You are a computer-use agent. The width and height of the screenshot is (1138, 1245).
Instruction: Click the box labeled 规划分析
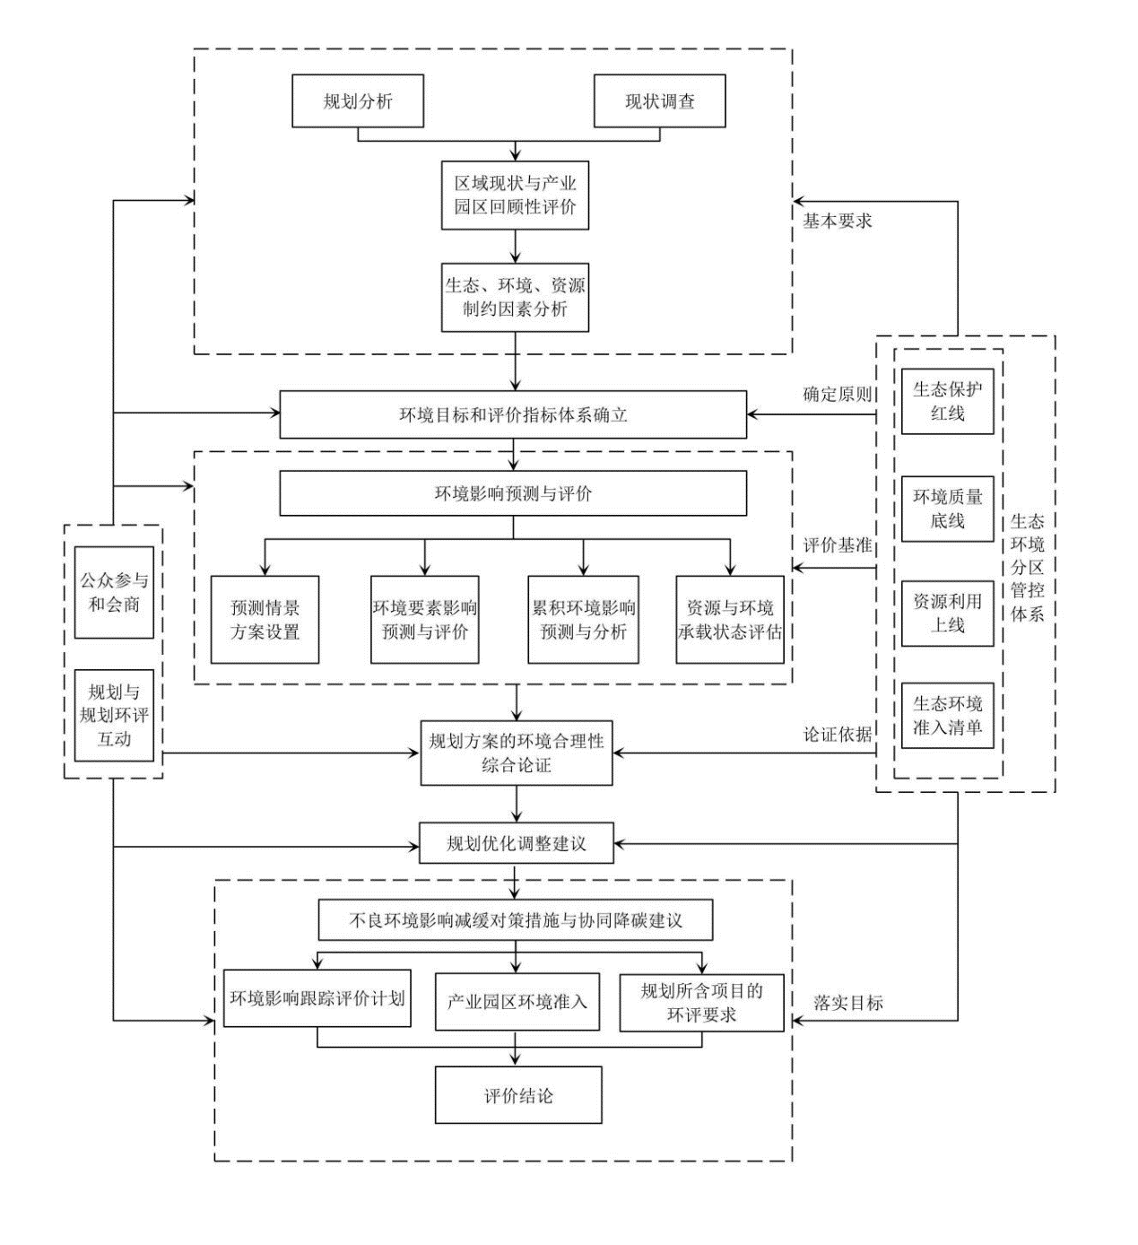pos(358,101)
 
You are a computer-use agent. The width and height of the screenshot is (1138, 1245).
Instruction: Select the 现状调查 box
pos(659,101)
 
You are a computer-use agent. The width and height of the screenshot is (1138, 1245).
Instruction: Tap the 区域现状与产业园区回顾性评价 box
pos(515,196)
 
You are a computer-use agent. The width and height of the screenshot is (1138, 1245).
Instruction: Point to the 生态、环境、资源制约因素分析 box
pos(515,298)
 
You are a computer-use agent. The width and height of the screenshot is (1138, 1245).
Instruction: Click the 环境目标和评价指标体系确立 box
pos(513,414)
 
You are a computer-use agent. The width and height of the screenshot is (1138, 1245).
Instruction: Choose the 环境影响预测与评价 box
pos(513,493)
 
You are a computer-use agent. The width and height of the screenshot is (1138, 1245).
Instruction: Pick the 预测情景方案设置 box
pos(265,620)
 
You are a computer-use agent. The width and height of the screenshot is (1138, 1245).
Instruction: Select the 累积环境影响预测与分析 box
pos(583,620)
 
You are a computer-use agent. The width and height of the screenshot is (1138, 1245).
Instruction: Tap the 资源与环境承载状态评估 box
pos(729,620)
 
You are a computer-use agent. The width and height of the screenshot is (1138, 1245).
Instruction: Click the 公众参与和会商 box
pos(114,593)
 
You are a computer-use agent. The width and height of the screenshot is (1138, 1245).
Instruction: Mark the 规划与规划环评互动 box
pos(114,716)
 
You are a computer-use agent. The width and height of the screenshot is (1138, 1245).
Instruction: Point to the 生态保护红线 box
pos(947,402)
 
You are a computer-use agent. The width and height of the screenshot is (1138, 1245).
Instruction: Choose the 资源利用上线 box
pos(947,614)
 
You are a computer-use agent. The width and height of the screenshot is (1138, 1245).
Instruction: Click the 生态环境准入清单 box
pos(947,716)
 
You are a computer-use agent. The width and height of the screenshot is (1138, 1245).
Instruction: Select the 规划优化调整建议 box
pos(517,843)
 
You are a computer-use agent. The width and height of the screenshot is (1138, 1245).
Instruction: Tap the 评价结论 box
pos(518,1095)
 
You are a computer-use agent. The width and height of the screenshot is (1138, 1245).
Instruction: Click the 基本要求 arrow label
pos(837,222)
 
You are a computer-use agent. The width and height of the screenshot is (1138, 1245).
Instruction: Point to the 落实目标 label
pos(847,1003)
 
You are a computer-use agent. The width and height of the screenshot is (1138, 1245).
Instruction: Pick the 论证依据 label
pos(837,735)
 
